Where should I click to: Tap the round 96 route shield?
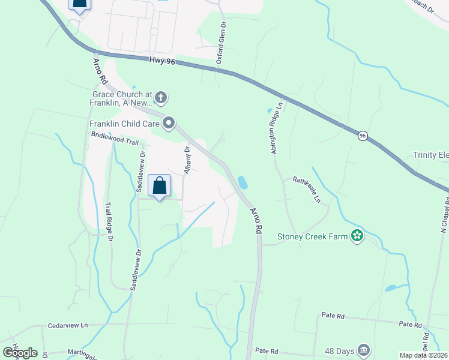(x=363, y=136)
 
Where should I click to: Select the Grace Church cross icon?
(x=160, y=97)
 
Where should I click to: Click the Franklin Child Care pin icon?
(x=169, y=124)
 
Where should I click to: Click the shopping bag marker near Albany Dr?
(x=159, y=186)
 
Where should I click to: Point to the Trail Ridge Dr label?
(x=110, y=222)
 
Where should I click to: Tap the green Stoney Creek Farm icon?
(x=357, y=236)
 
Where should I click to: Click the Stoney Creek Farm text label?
(x=312, y=236)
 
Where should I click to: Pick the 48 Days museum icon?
(x=364, y=350)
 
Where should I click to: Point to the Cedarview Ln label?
(x=68, y=325)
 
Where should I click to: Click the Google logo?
(x=20, y=352)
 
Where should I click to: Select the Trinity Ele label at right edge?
(x=430, y=155)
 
